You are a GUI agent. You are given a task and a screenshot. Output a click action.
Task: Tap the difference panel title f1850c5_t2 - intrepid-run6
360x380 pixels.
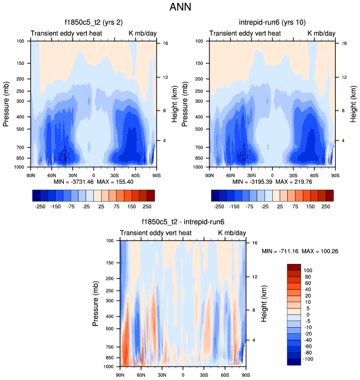click(x=183, y=223)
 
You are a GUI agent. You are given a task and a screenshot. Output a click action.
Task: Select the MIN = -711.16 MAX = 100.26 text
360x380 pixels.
click(x=300, y=251)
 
